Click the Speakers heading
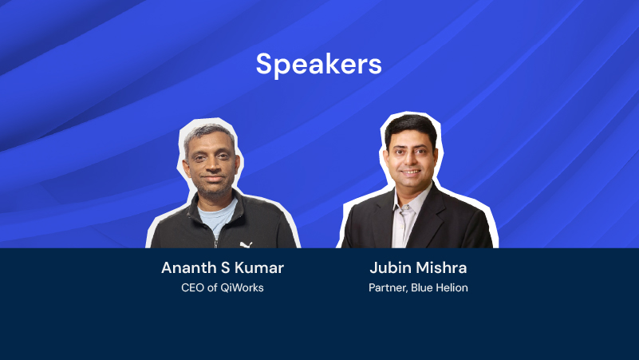318,65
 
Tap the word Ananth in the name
189,268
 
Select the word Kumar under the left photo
259,268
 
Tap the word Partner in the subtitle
388,288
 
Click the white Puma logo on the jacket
246,244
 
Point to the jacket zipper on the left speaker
215,239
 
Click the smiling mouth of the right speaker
410,172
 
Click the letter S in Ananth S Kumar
225,268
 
